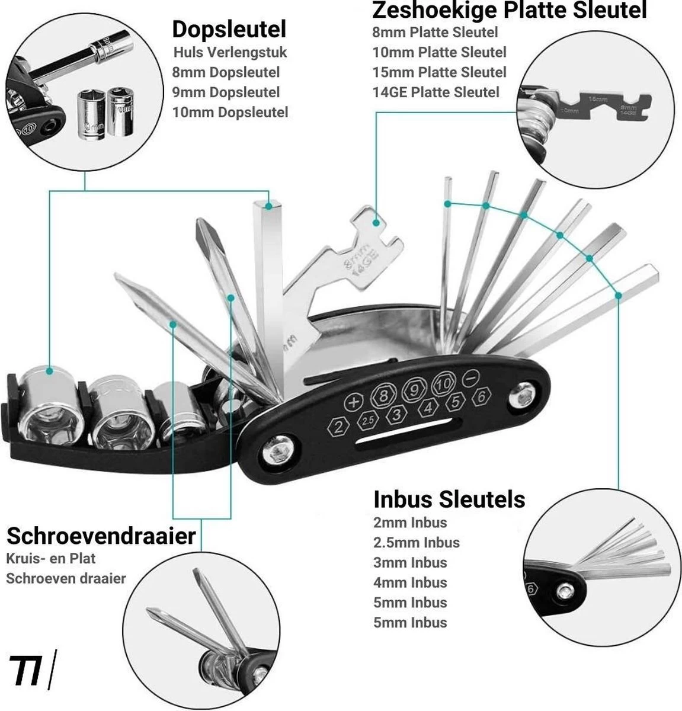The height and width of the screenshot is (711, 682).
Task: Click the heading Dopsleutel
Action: click(x=229, y=28)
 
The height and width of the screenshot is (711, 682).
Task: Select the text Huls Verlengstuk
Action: click(x=230, y=52)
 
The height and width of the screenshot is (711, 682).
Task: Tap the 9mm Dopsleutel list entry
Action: click(x=226, y=92)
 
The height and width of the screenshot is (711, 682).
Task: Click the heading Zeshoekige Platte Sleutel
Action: click(x=509, y=10)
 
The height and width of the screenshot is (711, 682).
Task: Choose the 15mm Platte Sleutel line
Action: click(x=439, y=72)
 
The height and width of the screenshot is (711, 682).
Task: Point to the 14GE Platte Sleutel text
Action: click(x=436, y=92)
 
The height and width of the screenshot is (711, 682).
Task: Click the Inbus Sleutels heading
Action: click(x=449, y=499)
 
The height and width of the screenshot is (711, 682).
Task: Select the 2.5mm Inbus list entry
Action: click(x=416, y=542)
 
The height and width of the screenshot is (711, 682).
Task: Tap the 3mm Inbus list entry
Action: click(x=410, y=562)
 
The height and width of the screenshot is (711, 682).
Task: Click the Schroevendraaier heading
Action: click(x=101, y=536)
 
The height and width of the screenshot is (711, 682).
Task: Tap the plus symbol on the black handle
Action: click(x=354, y=402)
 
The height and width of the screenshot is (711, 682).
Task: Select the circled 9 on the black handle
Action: click(x=412, y=390)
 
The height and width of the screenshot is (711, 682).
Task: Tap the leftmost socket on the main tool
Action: click(x=49, y=409)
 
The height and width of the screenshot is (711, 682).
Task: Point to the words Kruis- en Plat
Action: click(x=50, y=558)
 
